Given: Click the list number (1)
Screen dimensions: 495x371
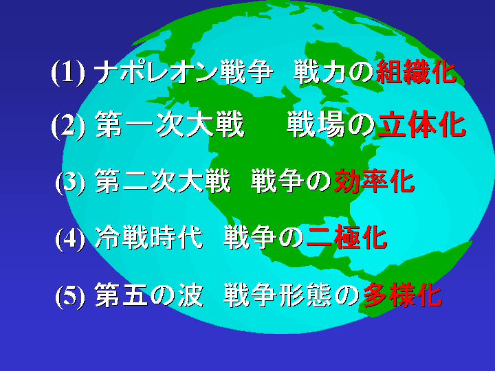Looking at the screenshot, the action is pos(68,73).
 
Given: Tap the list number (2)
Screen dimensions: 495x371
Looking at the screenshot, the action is pos(68,126).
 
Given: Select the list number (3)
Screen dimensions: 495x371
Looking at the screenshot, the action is pos(71,182).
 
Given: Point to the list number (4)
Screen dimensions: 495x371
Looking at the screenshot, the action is pos(71,238).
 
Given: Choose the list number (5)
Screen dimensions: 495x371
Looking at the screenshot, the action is pos(71,295).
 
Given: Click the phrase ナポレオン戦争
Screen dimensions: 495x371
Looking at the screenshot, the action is pos(184,72).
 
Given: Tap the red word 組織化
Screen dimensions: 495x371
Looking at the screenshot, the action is pos(416,72).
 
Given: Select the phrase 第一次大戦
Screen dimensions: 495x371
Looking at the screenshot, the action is pos(170,125).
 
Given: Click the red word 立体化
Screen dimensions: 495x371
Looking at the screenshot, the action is pos(421,125).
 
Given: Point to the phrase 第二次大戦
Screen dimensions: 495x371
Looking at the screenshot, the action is pos(163,181).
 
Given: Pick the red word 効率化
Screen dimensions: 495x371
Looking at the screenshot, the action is pos(374,181).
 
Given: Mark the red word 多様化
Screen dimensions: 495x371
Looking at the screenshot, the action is pos(402,295).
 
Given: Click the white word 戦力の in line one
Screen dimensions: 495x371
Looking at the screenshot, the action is pos(334,72).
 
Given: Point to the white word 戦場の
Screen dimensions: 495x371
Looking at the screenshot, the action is pos(331,125).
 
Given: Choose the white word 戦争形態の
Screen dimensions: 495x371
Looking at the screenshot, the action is pos(291,295).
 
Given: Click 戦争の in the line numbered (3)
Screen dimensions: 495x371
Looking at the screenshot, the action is pos(291,181).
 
